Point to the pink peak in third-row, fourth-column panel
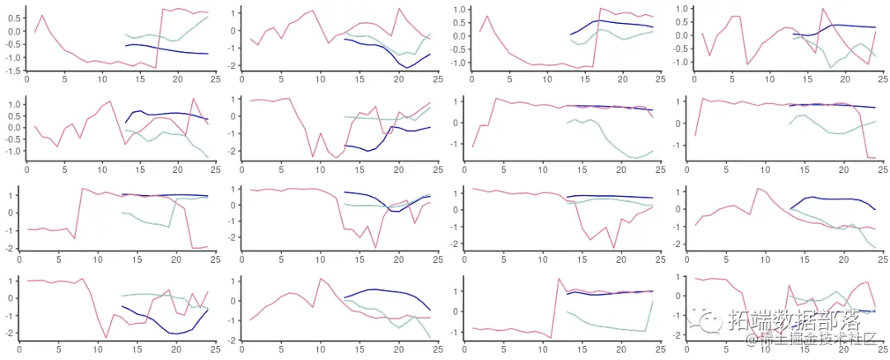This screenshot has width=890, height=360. click(x=757, y=189)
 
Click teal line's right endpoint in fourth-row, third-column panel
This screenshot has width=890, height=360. click(x=652, y=301)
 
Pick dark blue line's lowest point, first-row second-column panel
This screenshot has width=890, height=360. click(x=406, y=68)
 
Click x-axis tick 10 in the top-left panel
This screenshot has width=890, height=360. click(x=102, y=79)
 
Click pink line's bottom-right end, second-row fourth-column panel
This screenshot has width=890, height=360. click(x=875, y=157)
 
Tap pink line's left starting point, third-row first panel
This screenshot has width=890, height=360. click(x=28, y=229)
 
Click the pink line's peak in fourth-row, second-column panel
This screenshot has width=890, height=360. click(x=321, y=278)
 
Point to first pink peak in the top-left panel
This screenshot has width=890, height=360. click(x=43, y=15)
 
